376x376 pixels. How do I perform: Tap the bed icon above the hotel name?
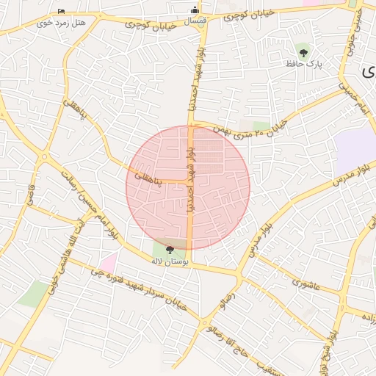pyautogui.click(x=61, y=11)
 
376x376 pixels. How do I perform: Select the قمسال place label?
pyautogui.click(x=194, y=21)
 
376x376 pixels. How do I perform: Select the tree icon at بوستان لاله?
pyautogui.click(x=170, y=250)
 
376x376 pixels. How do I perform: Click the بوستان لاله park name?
pyautogui.click(x=170, y=261)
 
